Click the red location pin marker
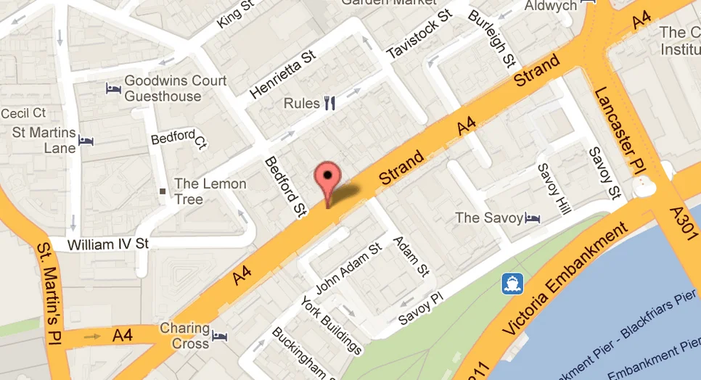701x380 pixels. pyautogui.click(x=328, y=178)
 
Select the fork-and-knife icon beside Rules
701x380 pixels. pyautogui.click(x=330, y=103)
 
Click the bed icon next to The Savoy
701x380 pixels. pyautogui.click(x=533, y=218)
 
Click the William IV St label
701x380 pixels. pyautogui.click(x=107, y=245)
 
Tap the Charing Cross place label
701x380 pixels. pyautogui.click(x=184, y=335)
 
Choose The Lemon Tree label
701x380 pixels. pyautogui.click(x=210, y=191)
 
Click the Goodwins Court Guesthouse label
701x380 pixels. pyautogui.click(x=175, y=88)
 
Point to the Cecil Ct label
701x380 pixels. pyautogui.click(x=23, y=113)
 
